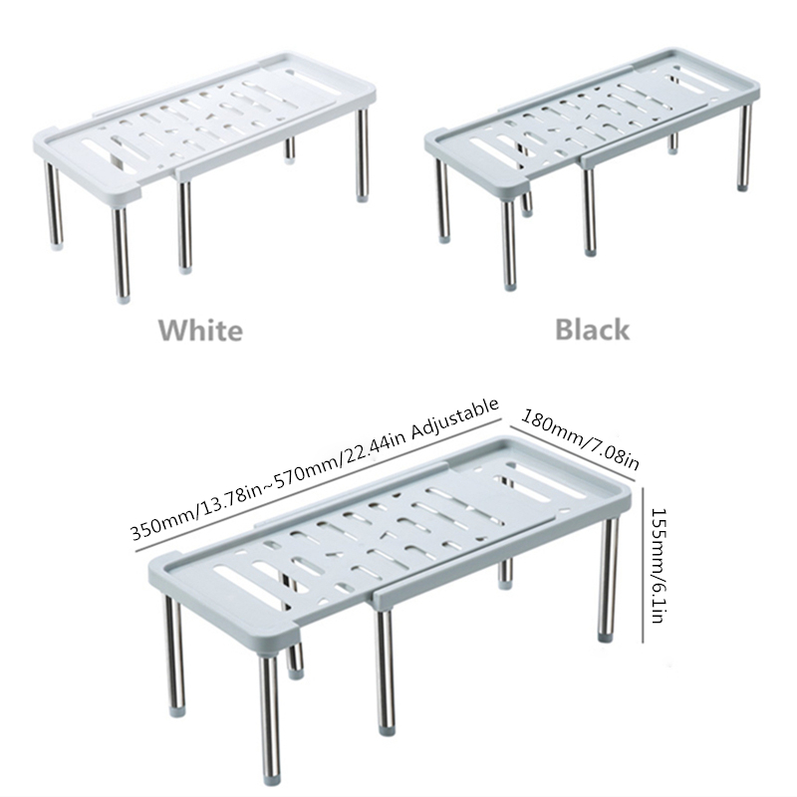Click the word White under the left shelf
click(200, 331)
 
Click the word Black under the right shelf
click(592, 330)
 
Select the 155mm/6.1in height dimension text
click(658, 565)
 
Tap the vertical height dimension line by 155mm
click(644, 564)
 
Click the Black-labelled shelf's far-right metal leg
click(744, 146)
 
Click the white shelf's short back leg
click(290, 148)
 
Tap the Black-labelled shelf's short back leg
click(673, 142)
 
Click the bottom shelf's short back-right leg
click(505, 574)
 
